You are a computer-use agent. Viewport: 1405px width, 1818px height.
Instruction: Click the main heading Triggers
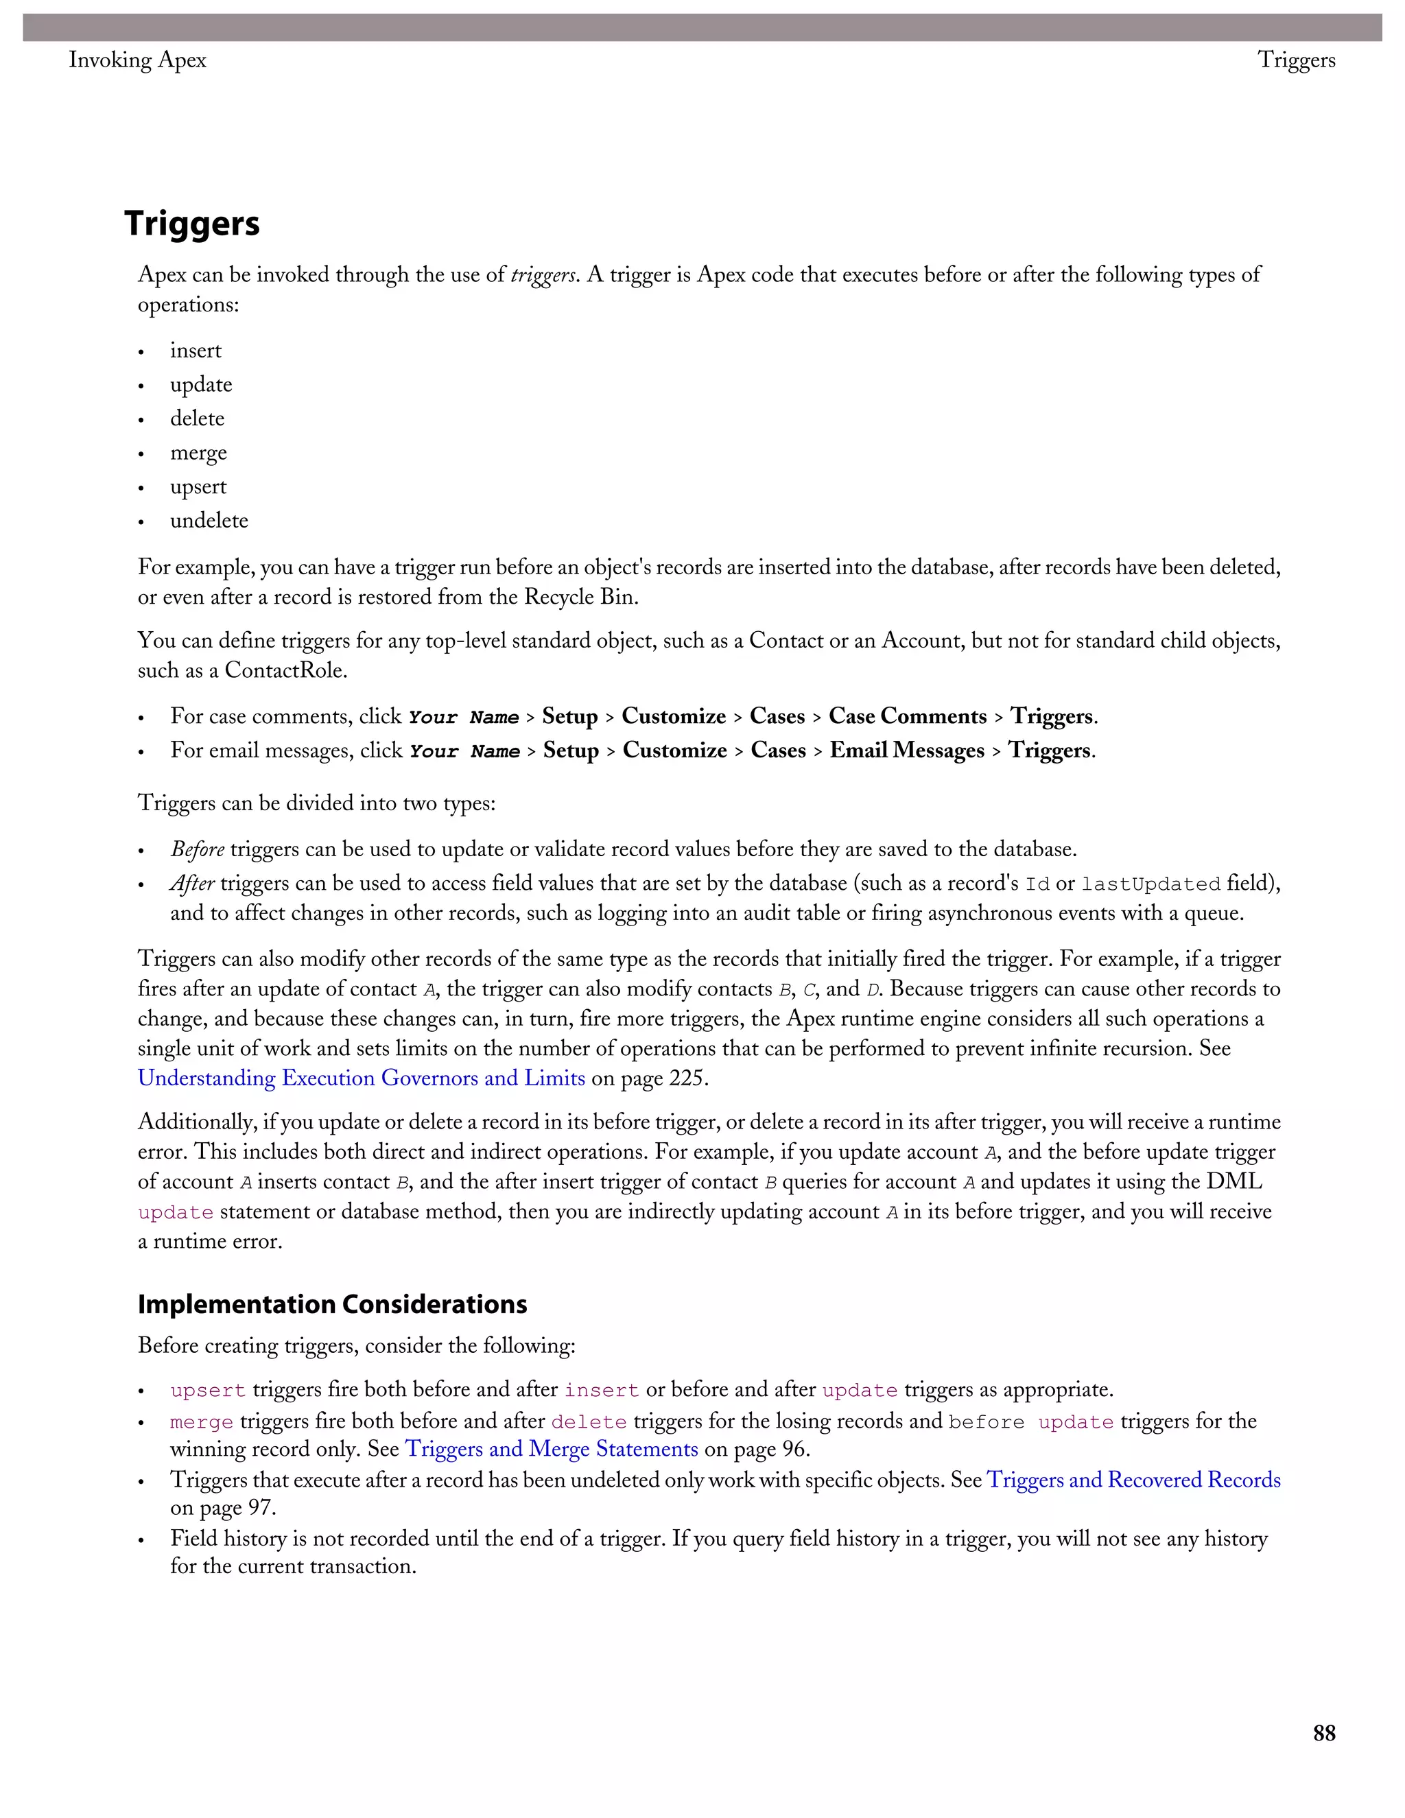[x=191, y=224]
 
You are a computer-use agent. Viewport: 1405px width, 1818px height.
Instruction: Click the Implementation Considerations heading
[x=332, y=1303]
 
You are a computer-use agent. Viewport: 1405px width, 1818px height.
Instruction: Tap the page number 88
[x=1323, y=1733]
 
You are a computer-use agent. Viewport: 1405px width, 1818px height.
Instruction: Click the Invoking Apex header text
[x=137, y=60]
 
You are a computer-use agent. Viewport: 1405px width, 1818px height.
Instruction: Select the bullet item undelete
[x=209, y=521]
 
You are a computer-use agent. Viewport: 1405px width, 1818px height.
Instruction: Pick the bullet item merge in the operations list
[x=198, y=453]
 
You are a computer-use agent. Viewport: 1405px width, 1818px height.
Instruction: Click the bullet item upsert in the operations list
[x=198, y=487]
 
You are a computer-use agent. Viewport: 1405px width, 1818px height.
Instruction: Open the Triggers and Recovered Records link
[x=1133, y=1480]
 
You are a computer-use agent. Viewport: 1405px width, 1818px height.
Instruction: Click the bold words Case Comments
[x=907, y=717]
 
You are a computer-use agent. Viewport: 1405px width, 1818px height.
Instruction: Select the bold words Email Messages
[x=906, y=751]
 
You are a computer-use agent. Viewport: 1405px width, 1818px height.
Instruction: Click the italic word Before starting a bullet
[x=198, y=850]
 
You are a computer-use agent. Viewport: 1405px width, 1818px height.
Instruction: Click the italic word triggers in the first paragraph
[x=543, y=276]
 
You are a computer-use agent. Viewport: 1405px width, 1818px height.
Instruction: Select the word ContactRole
[x=285, y=671]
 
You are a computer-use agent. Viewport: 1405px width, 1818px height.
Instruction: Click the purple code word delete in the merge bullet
[x=589, y=1423]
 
